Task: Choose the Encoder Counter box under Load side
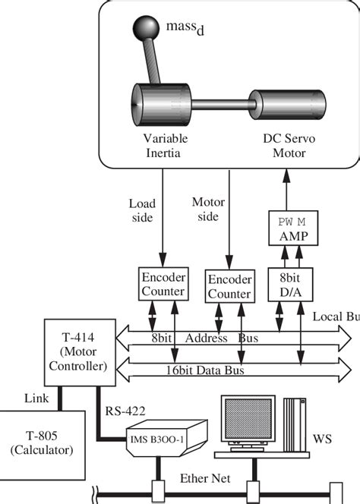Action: click(163, 285)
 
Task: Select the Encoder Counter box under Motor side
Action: click(229, 288)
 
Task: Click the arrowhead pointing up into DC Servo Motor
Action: click(285, 175)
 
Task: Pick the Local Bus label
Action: click(336, 315)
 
